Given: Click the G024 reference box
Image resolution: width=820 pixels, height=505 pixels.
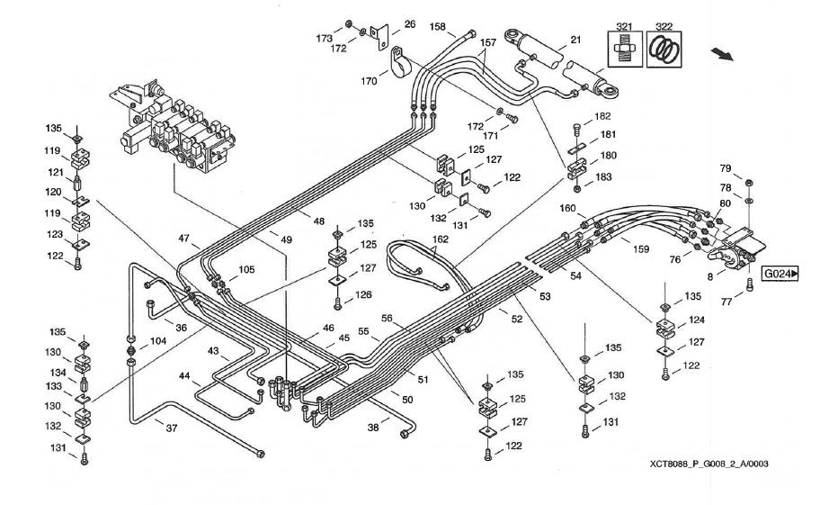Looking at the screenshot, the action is (780, 274).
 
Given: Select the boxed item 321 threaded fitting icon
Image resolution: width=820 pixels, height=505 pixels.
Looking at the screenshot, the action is (625, 50).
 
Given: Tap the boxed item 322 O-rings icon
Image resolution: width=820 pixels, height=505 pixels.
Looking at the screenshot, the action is (664, 50).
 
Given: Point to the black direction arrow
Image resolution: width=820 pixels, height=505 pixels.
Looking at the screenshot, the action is (722, 54).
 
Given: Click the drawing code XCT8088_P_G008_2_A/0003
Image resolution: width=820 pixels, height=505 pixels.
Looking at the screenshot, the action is (709, 464).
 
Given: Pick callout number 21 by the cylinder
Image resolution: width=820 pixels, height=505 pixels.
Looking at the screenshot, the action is (575, 40).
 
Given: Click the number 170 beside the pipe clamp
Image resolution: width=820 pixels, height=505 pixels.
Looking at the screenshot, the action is (369, 81).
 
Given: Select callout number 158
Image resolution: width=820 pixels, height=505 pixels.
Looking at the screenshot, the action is (438, 27).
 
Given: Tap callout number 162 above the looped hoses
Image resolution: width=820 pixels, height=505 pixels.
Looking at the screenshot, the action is (441, 239).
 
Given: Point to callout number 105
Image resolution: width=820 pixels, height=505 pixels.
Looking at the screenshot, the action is (246, 269).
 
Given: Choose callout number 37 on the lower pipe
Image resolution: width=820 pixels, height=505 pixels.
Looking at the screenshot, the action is (172, 428).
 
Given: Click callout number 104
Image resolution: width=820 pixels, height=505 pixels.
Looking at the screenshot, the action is (158, 341).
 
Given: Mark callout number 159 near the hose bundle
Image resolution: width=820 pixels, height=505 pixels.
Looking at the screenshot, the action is (640, 249).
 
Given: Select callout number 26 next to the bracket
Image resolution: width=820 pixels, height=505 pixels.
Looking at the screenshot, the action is (410, 24).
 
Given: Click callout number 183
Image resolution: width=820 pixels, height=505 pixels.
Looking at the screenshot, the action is (603, 176).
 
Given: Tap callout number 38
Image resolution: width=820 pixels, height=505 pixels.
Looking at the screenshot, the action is (373, 428).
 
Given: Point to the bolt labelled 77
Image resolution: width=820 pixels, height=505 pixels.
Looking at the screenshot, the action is (748, 285).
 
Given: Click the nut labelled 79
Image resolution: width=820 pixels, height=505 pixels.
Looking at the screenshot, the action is (748, 183).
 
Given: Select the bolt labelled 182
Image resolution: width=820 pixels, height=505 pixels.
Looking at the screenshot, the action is (577, 128).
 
